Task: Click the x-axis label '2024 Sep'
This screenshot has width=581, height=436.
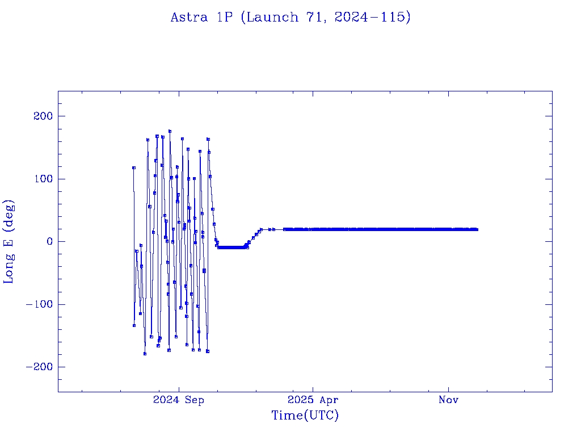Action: pos(178,400)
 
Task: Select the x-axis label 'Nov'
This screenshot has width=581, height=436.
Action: pos(448,400)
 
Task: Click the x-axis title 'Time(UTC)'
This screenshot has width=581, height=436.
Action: pos(305,416)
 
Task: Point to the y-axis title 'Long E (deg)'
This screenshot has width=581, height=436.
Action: pos(9,241)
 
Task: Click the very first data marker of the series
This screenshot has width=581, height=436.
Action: pos(134,167)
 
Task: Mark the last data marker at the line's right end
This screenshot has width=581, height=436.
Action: pos(477,229)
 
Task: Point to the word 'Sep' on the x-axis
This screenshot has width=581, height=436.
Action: pos(193,400)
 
